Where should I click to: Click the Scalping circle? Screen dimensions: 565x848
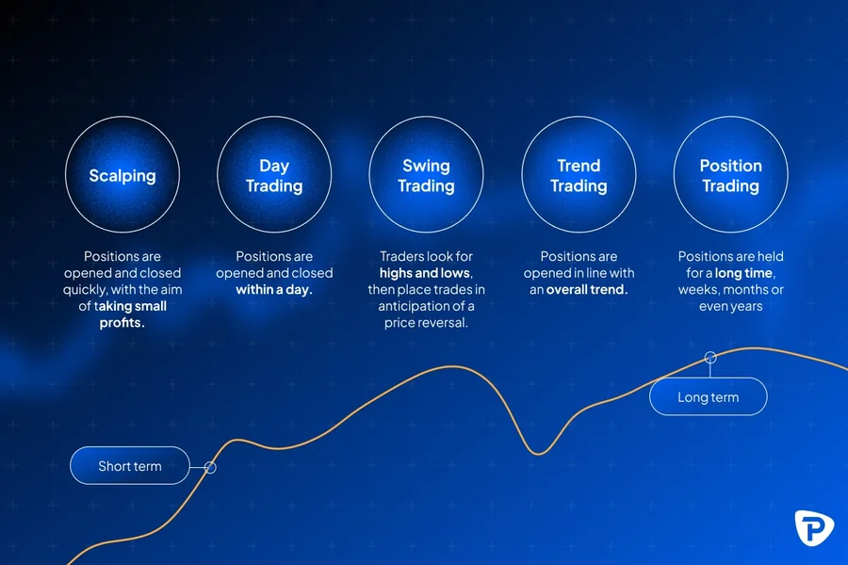click(x=122, y=175)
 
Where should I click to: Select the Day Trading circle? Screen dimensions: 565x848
click(x=274, y=175)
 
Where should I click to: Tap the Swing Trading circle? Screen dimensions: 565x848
click(x=426, y=175)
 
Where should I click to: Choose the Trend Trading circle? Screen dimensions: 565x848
click(x=579, y=175)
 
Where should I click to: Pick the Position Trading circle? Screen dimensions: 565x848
click(x=730, y=175)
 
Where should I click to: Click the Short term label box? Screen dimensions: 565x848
click(x=130, y=466)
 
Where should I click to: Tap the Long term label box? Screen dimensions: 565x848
click(x=709, y=397)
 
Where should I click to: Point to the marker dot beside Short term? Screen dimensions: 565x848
click(x=210, y=467)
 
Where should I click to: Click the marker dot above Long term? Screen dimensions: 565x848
click(x=710, y=357)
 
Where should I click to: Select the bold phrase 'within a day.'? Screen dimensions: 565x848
click(x=274, y=290)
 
